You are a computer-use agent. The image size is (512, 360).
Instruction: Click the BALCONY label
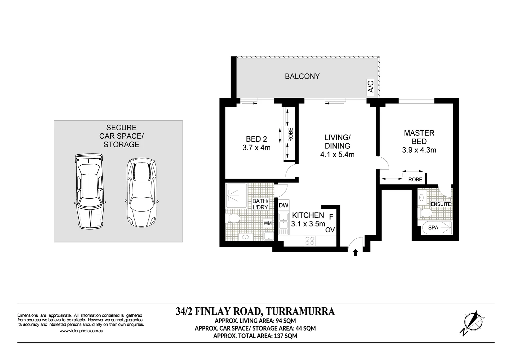click(x=302, y=76)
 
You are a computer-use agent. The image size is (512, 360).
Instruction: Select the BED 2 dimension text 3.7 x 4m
click(x=256, y=148)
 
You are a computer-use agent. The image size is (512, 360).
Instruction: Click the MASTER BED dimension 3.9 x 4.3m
click(x=419, y=150)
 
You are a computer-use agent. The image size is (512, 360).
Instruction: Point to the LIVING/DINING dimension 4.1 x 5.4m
click(x=337, y=155)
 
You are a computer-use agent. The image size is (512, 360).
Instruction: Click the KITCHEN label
click(x=308, y=215)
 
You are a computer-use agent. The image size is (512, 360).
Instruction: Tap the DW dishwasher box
click(x=283, y=205)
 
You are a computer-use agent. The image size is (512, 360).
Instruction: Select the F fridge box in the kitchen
click(x=331, y=217)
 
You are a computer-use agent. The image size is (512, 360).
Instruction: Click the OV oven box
click(x=330, y=230)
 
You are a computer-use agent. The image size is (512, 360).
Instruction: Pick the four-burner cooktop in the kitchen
click(x=310, y=241)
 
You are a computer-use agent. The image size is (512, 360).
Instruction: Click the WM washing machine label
click(x=268, y=223)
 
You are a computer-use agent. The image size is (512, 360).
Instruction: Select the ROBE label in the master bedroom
click(x=415, y=179)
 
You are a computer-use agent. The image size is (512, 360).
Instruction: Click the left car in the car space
click(x=89, y=192)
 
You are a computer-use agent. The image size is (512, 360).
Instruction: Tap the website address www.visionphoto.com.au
click(x=81, y=331)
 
